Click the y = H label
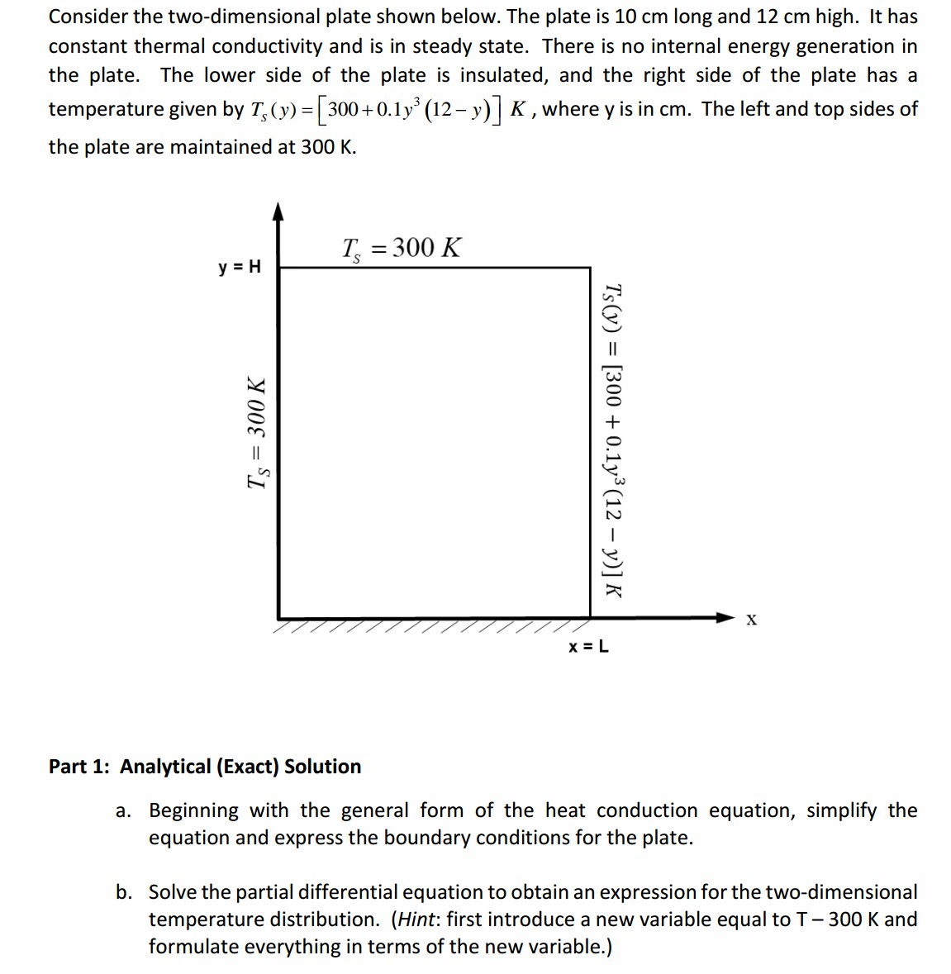239,267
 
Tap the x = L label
588,646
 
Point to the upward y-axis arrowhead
278,211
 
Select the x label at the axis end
750,619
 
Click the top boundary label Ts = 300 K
402,248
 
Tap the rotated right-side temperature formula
612,439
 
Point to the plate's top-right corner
590,268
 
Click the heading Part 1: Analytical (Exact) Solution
205,767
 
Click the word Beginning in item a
193,810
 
